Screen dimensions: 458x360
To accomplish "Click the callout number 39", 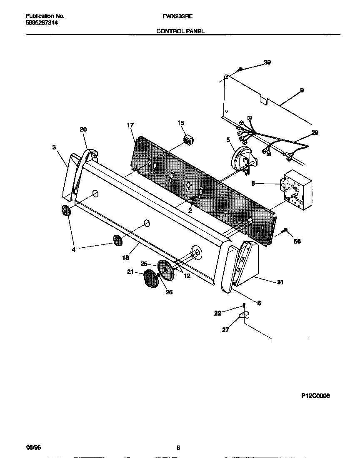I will click(267, 62).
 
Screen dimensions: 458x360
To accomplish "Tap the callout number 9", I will click(302, 90).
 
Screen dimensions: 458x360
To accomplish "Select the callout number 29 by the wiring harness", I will click(315, 132).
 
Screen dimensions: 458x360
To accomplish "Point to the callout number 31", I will click(280, 282).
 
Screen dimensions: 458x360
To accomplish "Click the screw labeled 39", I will click(240, 69).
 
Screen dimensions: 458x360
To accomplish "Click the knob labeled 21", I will click(151, 279).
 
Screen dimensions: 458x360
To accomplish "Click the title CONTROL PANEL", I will click(180, 31).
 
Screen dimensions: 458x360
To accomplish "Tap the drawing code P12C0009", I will click(315, 396).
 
